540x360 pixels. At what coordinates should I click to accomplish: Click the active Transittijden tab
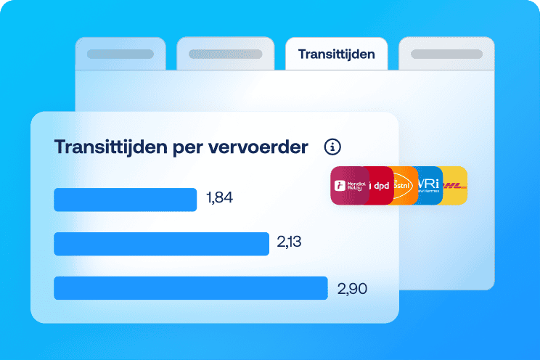coord(336,54)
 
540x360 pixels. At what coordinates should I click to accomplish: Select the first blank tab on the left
coord(120,54)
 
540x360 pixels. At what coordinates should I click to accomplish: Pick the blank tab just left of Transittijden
coord(225,54)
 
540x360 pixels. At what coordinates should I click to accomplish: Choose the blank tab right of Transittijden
coord(446,54)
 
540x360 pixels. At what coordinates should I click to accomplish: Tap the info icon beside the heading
coord(333,147)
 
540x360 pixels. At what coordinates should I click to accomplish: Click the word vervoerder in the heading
coord(263,147)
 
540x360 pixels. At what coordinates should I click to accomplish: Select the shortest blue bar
coord(125,200)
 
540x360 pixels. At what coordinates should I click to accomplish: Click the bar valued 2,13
coord(161,244)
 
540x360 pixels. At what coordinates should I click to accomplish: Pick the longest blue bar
coord(191,288)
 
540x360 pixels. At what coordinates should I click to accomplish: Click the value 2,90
coord(352,288)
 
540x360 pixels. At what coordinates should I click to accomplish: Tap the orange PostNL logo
coord(404,186)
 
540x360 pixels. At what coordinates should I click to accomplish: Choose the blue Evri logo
coord(429,186)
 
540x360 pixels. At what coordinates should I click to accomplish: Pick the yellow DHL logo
coord(456,186)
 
